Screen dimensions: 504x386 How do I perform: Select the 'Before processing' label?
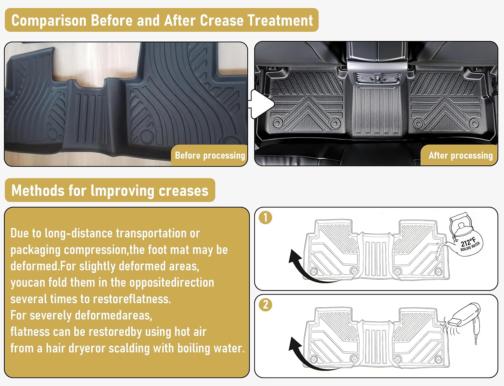pos(210,156)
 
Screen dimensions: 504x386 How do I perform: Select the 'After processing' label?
pos(461,156)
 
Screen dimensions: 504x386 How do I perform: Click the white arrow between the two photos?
pos(262,104)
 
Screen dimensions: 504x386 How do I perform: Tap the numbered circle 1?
pos(265,218)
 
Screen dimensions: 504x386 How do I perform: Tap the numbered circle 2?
pos(265,305)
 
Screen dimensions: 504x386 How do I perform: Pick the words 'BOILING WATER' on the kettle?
pos(470,246)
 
